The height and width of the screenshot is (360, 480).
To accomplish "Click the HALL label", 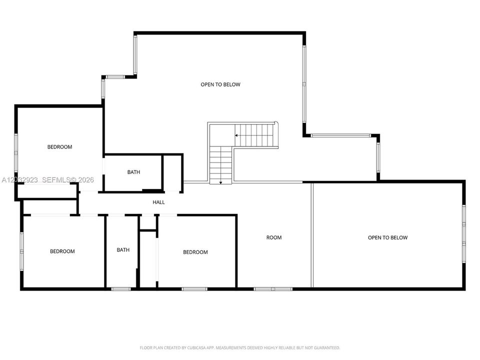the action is pos(158,202).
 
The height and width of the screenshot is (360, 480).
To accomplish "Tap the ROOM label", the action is pos(273,237).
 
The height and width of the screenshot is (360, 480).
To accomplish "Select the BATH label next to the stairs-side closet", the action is pos(134,172).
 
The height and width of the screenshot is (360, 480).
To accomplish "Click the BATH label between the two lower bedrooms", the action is pos(123,250).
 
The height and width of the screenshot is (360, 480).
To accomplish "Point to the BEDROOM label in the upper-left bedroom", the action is pos(59,147).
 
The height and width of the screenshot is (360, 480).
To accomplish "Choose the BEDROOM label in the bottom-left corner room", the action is pos(62,251).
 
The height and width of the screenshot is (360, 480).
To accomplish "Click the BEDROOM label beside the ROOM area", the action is pos(195,252).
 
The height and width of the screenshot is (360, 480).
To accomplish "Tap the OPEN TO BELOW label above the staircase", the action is pos(220,84).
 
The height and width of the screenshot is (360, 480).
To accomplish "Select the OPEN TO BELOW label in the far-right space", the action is pos(387,237).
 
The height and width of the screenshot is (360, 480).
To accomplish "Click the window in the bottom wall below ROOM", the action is pos(273,288).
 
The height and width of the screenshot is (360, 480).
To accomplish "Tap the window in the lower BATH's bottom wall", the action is pos(121,288).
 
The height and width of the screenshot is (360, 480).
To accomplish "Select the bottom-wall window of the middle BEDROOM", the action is pos(194,288).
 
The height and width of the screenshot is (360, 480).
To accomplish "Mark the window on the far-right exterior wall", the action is pos(464,234).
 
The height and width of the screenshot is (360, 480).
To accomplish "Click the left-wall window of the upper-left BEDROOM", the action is pos(16,152).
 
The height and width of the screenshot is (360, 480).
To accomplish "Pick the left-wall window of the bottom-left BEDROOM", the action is pos(21,251).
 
